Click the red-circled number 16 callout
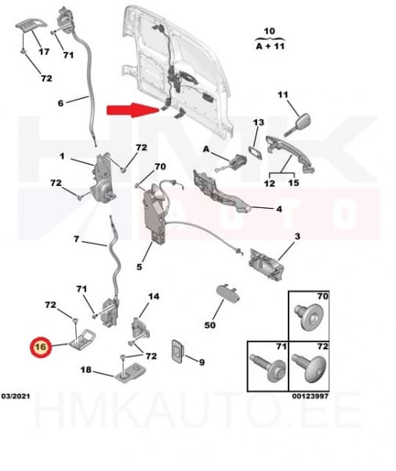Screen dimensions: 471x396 (38, 345)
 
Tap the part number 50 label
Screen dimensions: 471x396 (210, 324)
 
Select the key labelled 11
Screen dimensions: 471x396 (296, 122)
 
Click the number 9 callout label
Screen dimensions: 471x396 (202, 362)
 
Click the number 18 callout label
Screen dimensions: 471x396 (86, 369)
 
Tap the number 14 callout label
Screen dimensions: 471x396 (154, 297)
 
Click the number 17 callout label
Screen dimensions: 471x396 (44, 52)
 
